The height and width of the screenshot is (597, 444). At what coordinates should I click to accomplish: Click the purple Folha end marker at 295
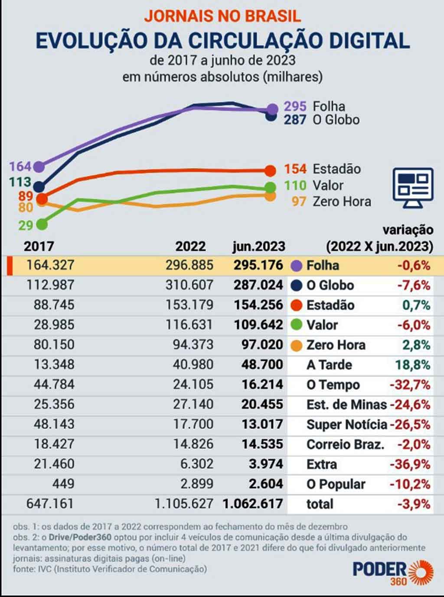[272, 109]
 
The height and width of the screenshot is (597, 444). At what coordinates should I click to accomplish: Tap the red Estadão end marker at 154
[270, 171]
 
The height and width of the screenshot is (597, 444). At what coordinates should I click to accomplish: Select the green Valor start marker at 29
[42, 224]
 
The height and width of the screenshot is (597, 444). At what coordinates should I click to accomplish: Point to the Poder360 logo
[393, 572]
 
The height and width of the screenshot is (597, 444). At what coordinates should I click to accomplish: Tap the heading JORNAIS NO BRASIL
[222, 16]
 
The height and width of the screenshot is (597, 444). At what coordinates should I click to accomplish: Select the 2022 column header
[190, 247]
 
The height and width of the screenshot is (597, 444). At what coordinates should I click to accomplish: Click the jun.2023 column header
[259, 247]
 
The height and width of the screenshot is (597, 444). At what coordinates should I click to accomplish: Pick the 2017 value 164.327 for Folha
[50, 265]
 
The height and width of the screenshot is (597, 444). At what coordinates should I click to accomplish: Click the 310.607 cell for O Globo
[189, 285]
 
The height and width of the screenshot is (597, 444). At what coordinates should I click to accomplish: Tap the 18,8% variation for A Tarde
[412, 365]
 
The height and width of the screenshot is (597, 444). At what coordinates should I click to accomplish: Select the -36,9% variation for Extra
[410, 464]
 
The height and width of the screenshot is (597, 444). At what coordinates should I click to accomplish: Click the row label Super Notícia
[346, 425]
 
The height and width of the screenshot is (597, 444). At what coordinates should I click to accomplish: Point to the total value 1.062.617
[253, 504]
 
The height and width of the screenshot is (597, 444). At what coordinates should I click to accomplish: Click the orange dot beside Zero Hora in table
[297, 345]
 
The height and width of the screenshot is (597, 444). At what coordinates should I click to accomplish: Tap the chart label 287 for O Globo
[295, 120]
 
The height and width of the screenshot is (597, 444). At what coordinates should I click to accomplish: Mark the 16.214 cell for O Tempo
[262, 385]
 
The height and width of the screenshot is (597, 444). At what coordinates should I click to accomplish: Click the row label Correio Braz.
[345, 445]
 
